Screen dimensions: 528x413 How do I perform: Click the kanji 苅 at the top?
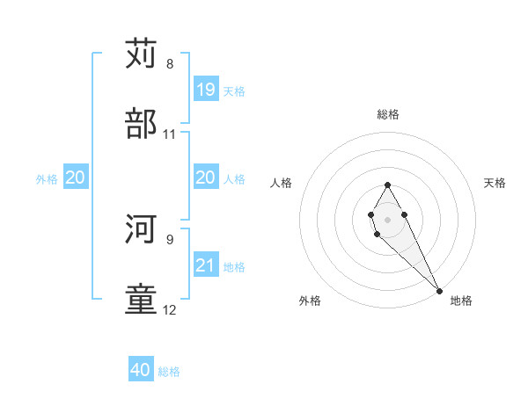click(141, 54)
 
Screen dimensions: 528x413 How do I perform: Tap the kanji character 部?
click(141, 124)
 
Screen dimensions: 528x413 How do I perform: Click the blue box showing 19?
click(205, 90)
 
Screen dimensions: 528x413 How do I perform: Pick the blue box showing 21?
click(205, 266)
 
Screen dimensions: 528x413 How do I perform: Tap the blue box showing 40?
click(141, 370)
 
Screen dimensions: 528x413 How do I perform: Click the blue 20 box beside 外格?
click(76, 178)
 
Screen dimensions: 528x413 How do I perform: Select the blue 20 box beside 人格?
click(205, 178)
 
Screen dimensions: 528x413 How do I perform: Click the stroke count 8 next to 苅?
click(170, 64)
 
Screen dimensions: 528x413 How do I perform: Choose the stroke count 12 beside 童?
click(170, 309)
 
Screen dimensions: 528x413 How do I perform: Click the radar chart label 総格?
click(388, 114)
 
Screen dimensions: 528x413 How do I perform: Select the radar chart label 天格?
click(495, 183)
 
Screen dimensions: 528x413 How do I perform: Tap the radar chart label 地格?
click(461, 301)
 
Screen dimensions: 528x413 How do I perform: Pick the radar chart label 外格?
click(310, 301)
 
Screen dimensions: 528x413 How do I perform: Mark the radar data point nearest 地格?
click(439, 291)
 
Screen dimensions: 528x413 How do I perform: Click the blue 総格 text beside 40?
click(169, 372)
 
